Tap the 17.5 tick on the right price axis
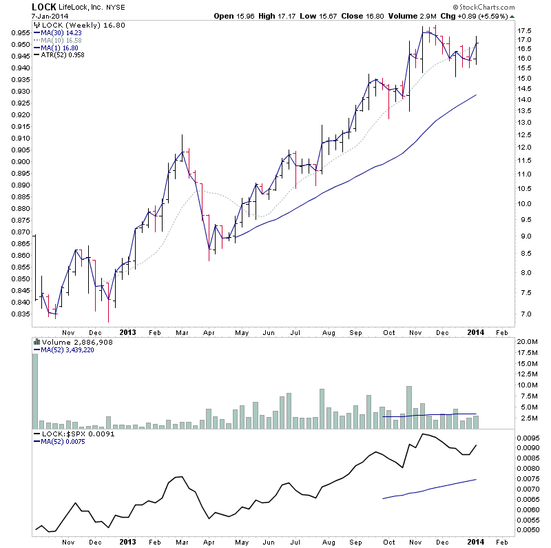pyautogui.click(x=526, y=30)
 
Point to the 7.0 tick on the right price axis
pyautogui.click(x=526, y=314)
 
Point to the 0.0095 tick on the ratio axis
pyautogui.click(x=529, y=437)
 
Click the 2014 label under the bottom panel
pyautogui.click(x=476, y=541)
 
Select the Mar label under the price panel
pyautogui.click(x=181, y=332)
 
